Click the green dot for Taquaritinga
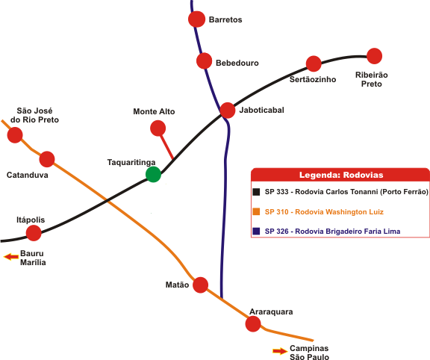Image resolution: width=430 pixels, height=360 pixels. pos(153,174)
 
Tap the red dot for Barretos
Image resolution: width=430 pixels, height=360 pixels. pos(196,19)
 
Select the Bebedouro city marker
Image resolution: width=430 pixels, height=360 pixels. pos(205,61)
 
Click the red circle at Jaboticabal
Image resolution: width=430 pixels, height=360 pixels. pos(228,111)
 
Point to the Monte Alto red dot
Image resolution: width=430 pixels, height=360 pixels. pos(158,128)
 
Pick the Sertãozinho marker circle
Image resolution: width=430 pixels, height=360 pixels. pos(314,63)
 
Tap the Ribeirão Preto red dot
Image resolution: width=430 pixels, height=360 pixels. pos(374,56)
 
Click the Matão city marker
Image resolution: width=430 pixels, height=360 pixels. pos(201,285)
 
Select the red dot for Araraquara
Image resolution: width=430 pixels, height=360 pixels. pos(253,324)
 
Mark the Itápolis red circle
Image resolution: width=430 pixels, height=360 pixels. pos(34,233)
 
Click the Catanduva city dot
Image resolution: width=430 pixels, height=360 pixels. pos(47,159)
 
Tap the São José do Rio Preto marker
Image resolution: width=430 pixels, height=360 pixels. pos(15,135)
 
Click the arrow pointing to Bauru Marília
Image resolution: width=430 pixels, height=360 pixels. pos(11,257)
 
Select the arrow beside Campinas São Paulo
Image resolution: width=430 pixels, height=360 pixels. pos(280,351)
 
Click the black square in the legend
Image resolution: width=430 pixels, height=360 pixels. pos(256,192)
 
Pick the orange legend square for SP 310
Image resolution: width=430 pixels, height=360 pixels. pos(256,211)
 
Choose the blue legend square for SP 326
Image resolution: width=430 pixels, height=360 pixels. pos(256,231)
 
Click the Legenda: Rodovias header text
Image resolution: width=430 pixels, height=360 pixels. pos(341,175)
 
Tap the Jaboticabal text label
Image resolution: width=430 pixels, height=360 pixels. pos(261,110)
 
